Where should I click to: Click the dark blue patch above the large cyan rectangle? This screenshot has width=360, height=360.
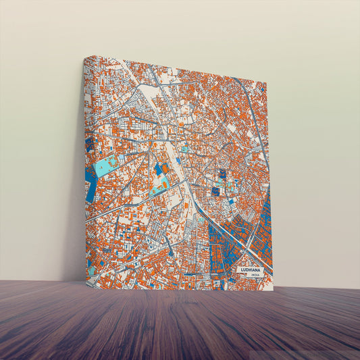point(88,143)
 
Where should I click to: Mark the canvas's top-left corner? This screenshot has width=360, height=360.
point(84,57)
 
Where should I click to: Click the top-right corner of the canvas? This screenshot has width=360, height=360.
point(267,84)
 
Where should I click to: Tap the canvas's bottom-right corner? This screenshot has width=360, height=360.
point(273,292)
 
